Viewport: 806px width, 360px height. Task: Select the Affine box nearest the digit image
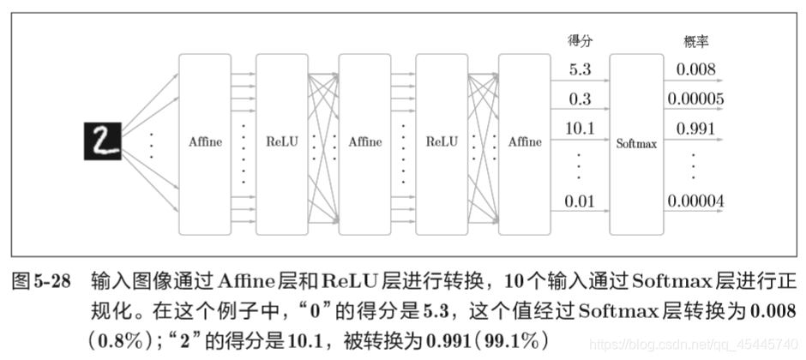(x=205, y=142)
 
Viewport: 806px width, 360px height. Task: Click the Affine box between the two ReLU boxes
(x=364, y=142)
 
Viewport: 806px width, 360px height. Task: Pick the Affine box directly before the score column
(x=524, y=142)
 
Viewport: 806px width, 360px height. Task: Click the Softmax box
(x=636, y=143)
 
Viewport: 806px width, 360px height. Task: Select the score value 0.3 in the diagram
(x=580, y=99)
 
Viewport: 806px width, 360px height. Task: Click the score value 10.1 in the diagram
(x=580, y=129)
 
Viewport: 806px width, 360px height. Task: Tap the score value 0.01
(x=580, y=202)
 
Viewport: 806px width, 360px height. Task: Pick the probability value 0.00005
(x=695, y=99)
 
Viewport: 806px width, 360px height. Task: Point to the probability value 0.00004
(x=695, y=202)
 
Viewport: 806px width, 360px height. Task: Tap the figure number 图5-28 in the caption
(x=41, y=283)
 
